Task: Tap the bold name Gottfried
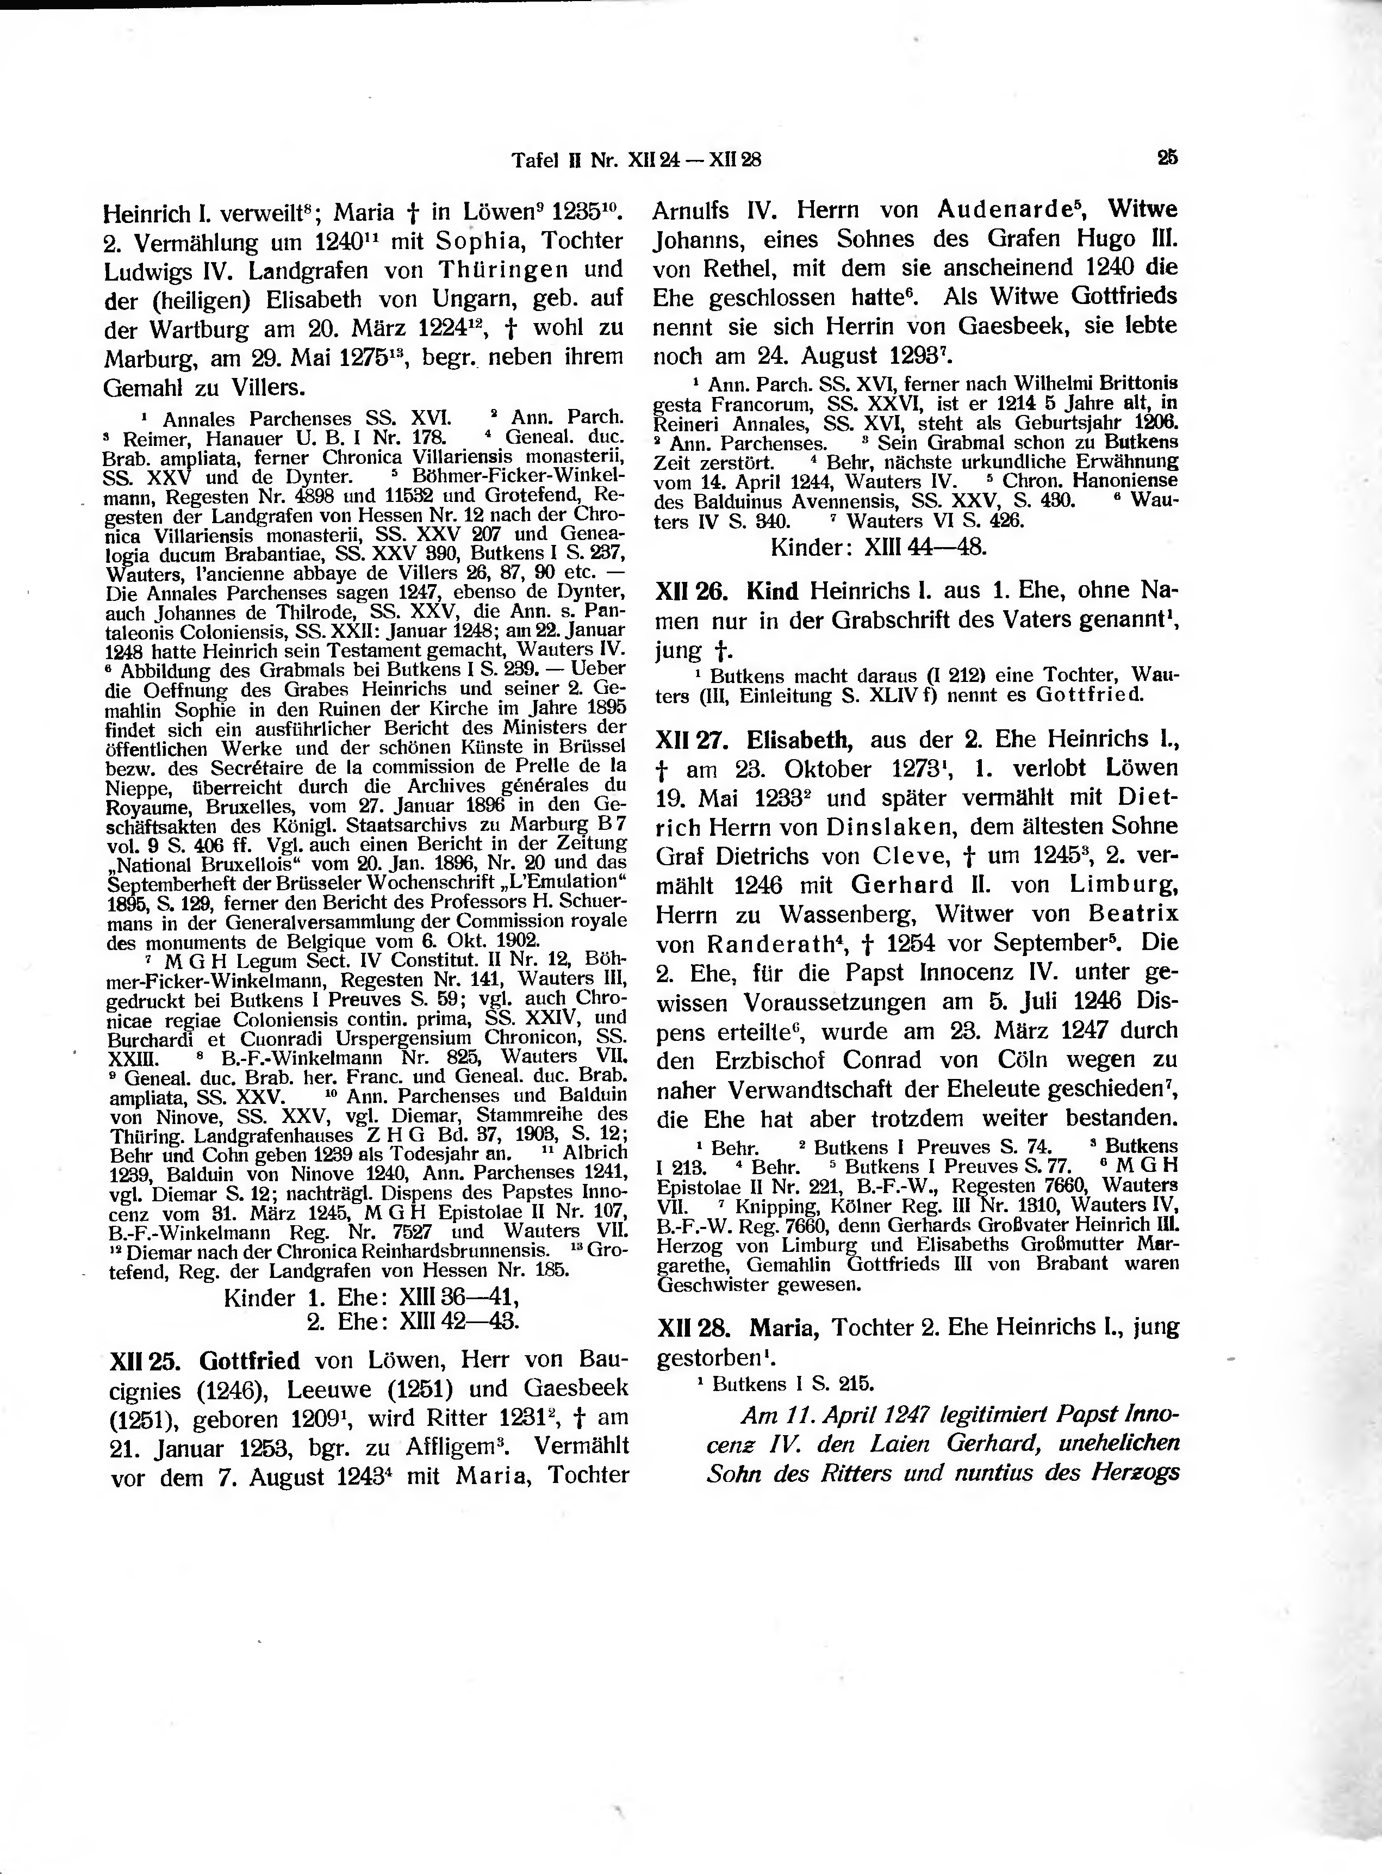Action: [x=248, y=1360]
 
